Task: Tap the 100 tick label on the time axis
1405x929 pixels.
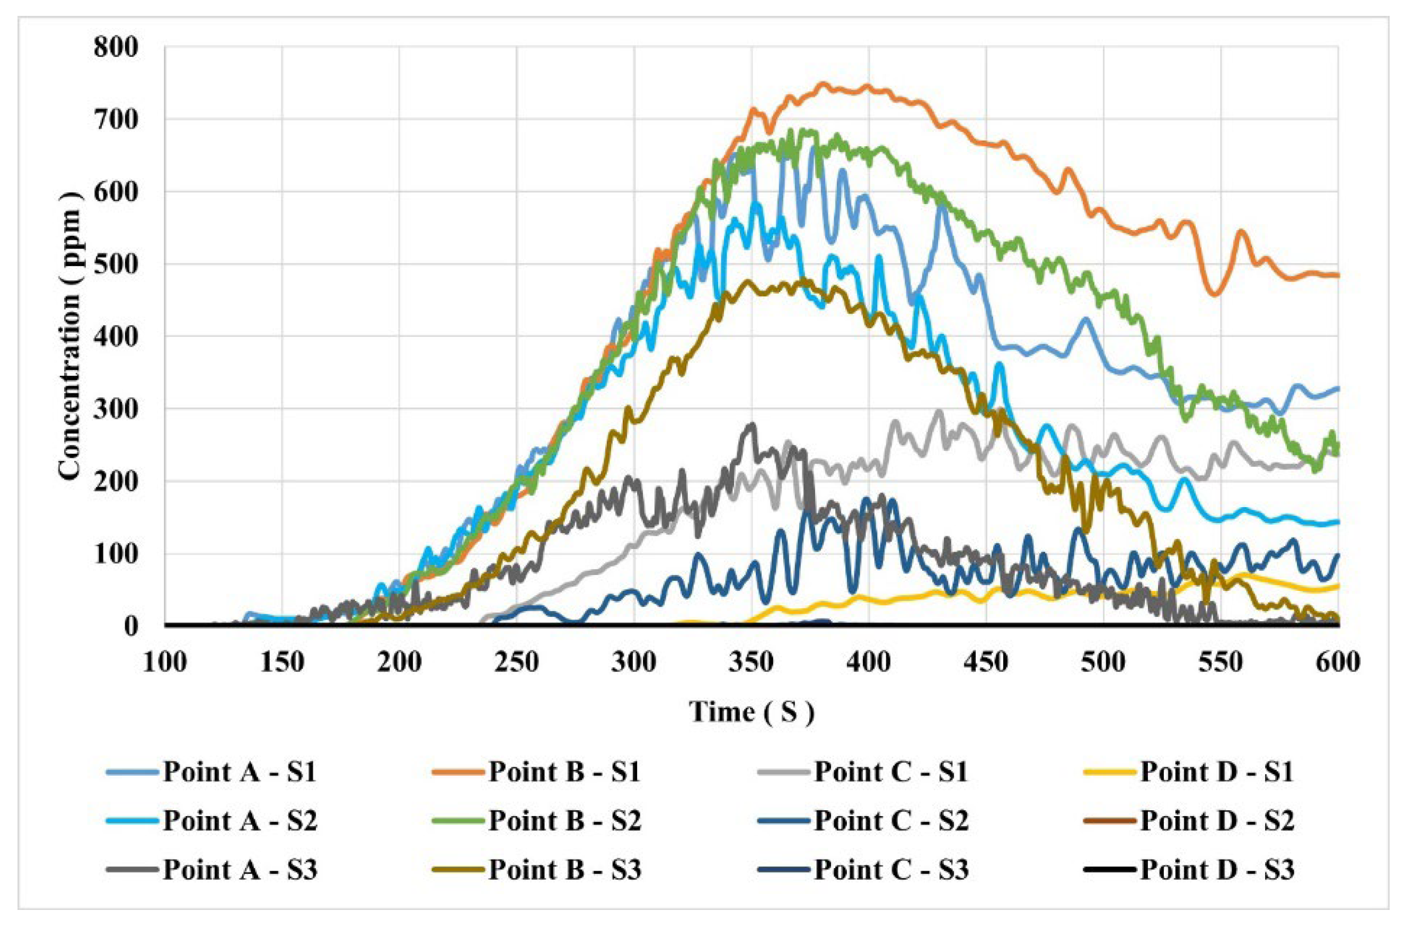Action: tap(165, 661)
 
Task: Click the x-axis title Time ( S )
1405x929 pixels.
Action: tap(752, 711)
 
